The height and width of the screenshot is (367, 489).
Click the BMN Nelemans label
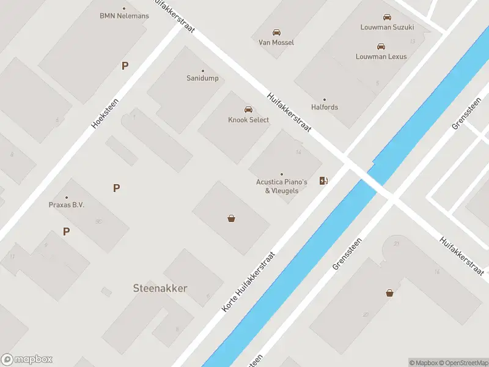click(124, 16)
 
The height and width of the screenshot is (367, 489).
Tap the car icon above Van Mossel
click(276, 32)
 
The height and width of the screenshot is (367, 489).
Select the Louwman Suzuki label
click(387, 28)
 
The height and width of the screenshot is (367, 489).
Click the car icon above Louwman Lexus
click(381, 46)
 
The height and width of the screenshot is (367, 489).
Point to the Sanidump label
click(202, 78)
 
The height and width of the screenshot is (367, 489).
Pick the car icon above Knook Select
click(248, 109)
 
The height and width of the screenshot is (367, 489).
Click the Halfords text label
click(325, 107)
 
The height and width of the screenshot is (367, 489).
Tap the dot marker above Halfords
click(325, 99)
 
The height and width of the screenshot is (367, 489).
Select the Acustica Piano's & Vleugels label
click(281, 186)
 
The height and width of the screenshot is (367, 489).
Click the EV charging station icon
click(323, 180)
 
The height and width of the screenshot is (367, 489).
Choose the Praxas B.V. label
click(67, 205)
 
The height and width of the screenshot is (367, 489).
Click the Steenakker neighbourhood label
click(160, 288)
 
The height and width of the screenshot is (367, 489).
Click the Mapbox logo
click(27, 360)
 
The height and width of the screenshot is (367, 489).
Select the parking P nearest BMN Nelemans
click(125, 65)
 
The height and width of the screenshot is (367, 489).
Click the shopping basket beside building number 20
click(389, 293)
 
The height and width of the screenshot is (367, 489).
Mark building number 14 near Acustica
click(298, 152)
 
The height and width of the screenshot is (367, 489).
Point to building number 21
click(396, 244)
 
